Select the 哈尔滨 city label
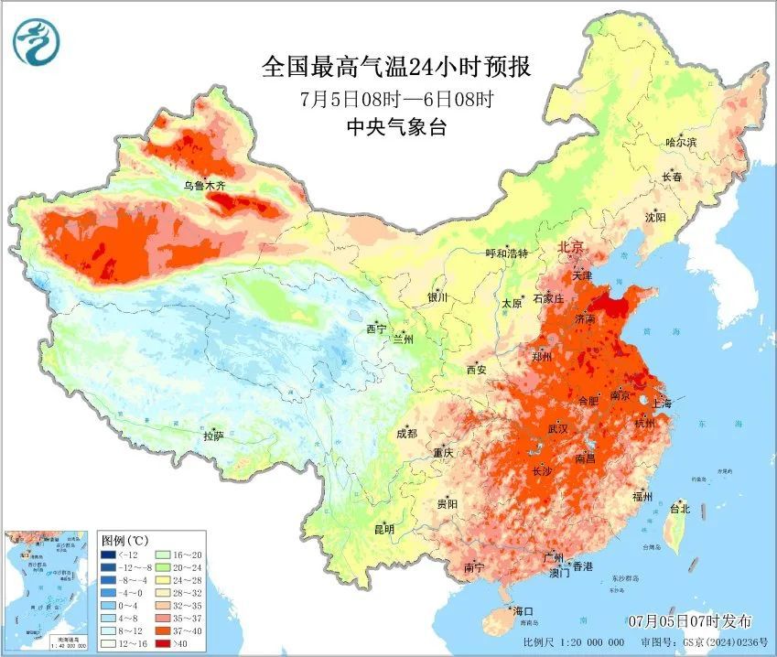tap(681, 142)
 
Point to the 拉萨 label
tap(214, 436)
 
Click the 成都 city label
tap(406, 434)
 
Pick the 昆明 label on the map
tap(383, 529)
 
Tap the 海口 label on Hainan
tap(523, 610)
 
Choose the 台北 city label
tap(679, 509)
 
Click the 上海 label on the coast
tap(662, 404)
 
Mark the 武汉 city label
tap(558, 428)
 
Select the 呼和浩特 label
tap(506, 253)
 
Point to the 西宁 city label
tap(376, 328)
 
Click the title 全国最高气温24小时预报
tap(396, 67)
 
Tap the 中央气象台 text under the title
tap(396, 127)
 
